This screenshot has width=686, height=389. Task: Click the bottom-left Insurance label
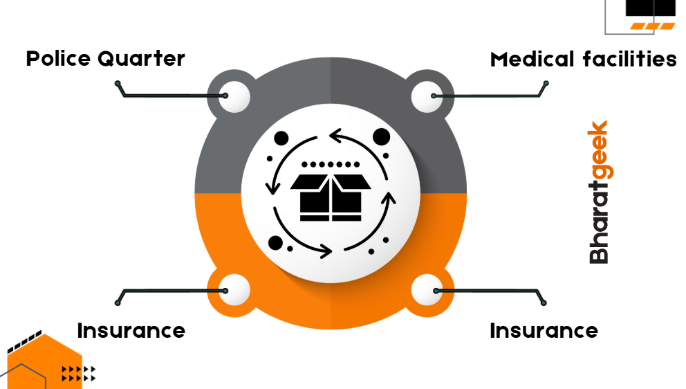tap(131, 330)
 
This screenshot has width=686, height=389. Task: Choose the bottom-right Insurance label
tap(544, 330)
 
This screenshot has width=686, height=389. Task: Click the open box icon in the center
tap(331, 196)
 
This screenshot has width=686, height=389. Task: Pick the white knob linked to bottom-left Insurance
tap(233, 290)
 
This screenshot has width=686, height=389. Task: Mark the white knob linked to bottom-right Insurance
tap(427, 290)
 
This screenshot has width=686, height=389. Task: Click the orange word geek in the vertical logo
tap(598, 150)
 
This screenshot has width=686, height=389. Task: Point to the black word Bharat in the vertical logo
tap(598, 221)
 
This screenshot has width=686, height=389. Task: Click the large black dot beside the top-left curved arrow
tap(281, 138)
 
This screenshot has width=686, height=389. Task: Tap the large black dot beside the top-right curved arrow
tap(381, 136)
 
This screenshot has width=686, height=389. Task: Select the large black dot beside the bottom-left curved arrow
tap(276, 242)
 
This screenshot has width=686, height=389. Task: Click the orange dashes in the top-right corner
tap(652, 26)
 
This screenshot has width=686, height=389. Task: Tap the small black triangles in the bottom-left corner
tap(77, 374)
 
